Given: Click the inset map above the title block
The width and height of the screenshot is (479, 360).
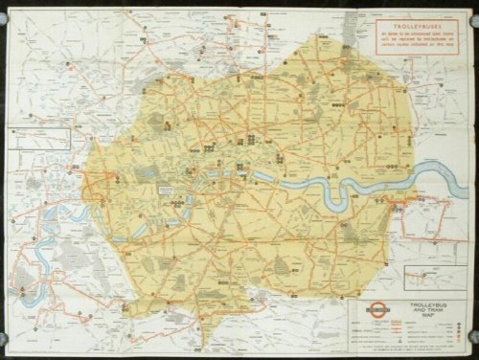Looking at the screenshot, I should click(429, 277).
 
